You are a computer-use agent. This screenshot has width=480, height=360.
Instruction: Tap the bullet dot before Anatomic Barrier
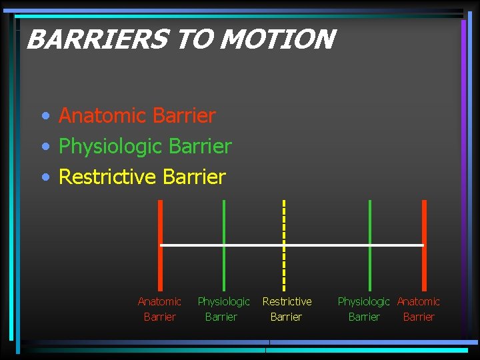[x=45, y=117]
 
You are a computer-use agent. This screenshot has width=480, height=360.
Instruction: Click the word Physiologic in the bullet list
[x=111, y=146]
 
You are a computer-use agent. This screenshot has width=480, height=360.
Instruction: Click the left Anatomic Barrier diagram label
[x=159, y=309]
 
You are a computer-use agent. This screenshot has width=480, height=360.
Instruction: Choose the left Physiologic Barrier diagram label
[x=223, y=309]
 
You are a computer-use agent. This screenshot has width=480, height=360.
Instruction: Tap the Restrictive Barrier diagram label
[x=287, y=309]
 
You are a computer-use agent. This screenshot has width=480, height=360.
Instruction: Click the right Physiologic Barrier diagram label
[x=364, y=309]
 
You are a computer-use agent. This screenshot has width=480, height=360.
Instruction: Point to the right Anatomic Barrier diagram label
[x=419, y=309]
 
